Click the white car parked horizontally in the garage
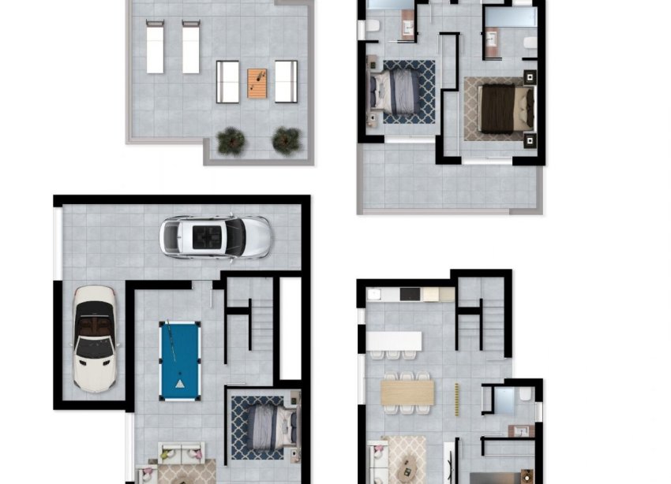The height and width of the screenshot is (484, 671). coord(216,237)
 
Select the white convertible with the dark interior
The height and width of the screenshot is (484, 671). coord(95,338)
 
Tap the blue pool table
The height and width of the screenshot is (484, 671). coord(180,360)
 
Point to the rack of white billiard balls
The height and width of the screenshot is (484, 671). coord(181,385)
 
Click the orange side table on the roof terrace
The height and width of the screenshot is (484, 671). coord(257,81)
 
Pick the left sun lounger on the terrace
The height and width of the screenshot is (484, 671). coord(155,47)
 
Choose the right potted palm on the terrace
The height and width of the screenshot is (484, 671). coord(287,140)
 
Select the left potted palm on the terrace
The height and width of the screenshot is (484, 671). coord(231,140)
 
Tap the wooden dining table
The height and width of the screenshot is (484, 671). coord(407,393)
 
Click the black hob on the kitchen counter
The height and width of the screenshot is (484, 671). coord(410,294)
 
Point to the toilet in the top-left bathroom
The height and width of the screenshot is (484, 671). coord(369,30)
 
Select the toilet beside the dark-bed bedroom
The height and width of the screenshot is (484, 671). coord(529,43)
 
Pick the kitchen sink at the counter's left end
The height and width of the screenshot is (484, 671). coord(375,294)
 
